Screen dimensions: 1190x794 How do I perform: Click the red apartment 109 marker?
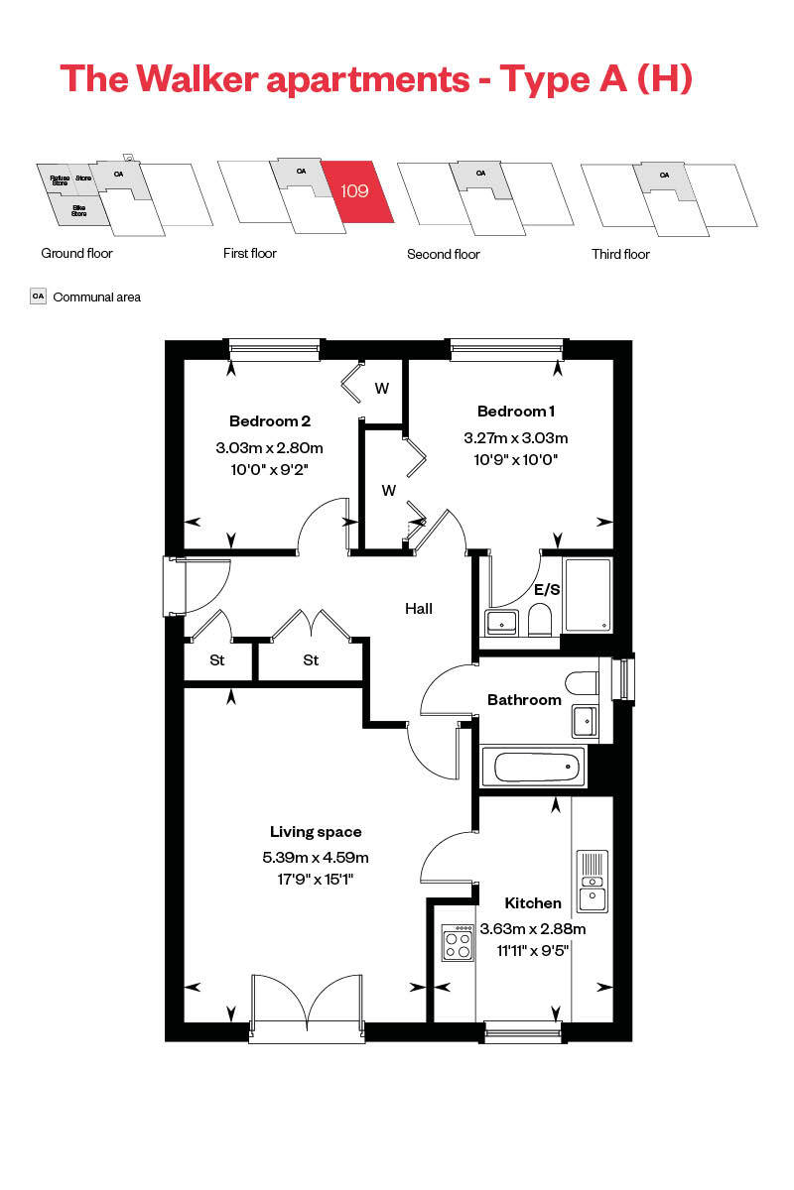tap(354, 190)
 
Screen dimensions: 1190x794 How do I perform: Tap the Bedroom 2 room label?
tap(269, 420)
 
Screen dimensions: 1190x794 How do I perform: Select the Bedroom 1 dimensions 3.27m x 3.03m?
tap(515, 437)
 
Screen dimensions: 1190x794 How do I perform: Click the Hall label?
tap(418, 609)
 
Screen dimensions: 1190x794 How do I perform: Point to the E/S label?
tap(547, 589)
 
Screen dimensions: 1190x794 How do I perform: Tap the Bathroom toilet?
tap(581, 683)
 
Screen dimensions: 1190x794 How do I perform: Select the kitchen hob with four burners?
tap(458, 942)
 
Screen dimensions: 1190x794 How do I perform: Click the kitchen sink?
tap(592, 882)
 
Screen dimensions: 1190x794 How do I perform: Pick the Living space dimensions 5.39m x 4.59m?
tap(316, 858)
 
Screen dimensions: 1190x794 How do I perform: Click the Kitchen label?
tap(533, 903)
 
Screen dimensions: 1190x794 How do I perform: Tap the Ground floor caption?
tap(76, 254)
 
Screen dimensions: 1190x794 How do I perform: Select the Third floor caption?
tap(620, 255)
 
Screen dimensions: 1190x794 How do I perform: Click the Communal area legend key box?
tap(39, 297)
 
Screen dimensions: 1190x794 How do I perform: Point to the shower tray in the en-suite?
tap(587, 595)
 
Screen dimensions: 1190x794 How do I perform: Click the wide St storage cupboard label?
tap(311, 660)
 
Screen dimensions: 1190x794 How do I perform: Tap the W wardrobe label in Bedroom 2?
tap(381, 389)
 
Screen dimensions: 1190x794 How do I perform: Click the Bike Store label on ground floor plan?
tap(79, 211)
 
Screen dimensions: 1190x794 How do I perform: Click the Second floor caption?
tap(443, 255)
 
